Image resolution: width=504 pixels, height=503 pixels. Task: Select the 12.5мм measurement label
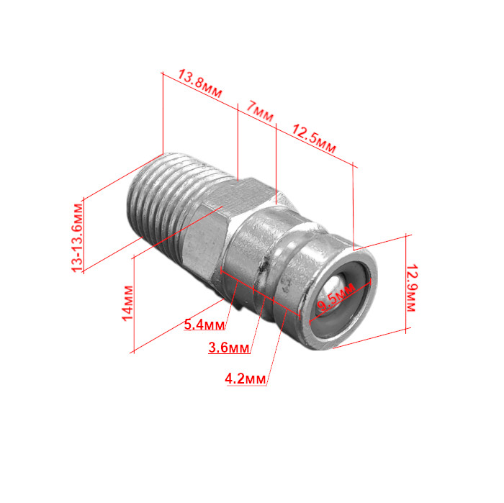pyautogui.click(x=313, y=138)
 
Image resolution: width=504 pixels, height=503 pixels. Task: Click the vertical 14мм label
pyautogui.click(x=127, y=303)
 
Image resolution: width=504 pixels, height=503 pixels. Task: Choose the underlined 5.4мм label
pyautogui.click(x=204, y=325)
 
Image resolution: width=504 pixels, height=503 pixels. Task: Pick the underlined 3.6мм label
pyautogui.click(x=228, y=348)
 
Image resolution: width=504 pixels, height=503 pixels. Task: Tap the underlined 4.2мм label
pyautogui.click(x=246, y=379)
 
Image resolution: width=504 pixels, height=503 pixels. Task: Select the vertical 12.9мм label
pyautogui.click(x=411, y=287)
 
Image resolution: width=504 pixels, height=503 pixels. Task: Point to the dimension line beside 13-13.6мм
pyautogui.click(x=84, y=235)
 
